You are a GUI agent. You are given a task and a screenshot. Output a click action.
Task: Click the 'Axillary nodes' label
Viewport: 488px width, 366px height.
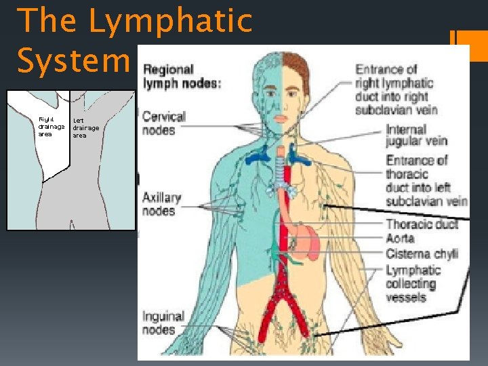pyautogui.click(x=161, y=204)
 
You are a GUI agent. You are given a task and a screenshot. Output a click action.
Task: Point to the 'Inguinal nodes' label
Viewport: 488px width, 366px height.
pyautogui.click(x=162, y=323)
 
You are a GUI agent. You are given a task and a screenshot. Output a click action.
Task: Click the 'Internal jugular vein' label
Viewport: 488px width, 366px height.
pyautogui.click(x=415, y=135)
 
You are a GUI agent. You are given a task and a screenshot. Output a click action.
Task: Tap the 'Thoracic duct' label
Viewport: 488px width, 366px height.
pyautogui.click(x=422, y=224)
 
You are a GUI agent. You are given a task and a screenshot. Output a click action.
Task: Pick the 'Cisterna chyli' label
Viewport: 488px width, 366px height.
pyautogui.click(x=422, y=254)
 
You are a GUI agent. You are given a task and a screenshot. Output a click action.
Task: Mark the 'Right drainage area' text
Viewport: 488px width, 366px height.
pyautogui.click(x=52, y=127)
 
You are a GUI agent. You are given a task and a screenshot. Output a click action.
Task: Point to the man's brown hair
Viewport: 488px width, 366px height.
pyautogui.click(x=294, y=68)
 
